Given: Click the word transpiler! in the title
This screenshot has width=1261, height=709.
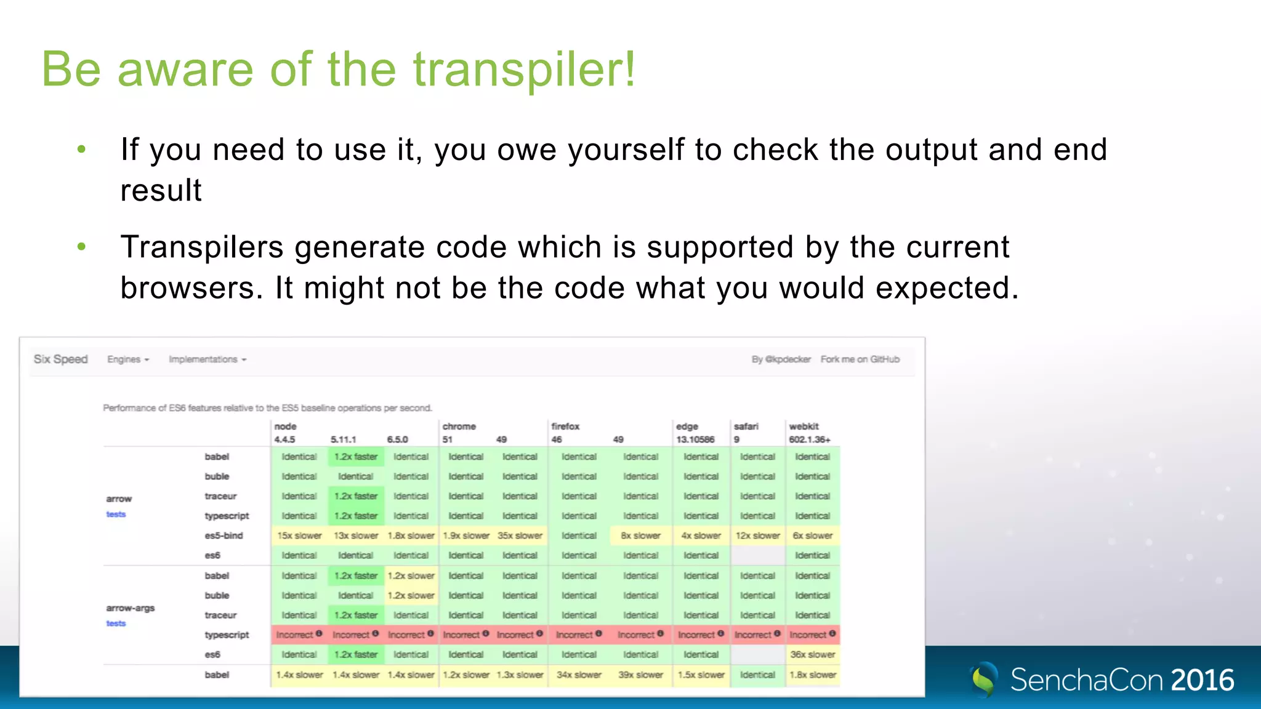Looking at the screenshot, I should coord(523,70).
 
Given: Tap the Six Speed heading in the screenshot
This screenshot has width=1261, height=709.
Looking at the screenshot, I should coord(60,359).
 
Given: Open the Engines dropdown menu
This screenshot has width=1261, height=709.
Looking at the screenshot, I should coord(128,359).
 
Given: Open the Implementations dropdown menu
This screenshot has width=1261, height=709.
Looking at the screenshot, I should coord(207,359).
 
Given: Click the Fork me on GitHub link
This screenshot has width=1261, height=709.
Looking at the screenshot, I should coord(860,359).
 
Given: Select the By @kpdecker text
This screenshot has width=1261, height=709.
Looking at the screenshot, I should coord(781,359).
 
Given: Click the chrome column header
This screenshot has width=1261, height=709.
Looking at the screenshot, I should coord(459,426).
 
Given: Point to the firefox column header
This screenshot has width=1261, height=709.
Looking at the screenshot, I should coord(565,426).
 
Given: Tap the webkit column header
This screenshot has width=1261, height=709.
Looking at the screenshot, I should coord(804,426).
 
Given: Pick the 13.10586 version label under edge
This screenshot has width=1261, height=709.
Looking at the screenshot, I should coord(695,439).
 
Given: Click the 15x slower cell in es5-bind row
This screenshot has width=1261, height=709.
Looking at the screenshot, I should coord(299,535).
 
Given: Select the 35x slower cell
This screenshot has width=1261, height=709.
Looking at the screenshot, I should coord(520,535).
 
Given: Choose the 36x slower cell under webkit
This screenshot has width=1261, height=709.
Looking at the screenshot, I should coord(813,654).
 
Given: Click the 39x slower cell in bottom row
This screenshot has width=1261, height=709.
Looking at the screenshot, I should coord(640,675).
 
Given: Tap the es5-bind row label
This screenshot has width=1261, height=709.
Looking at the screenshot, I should coord(224,535).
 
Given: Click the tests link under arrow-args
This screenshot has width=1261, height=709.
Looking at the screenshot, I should coord(116,623).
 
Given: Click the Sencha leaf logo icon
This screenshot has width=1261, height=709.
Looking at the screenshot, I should coord(983,679).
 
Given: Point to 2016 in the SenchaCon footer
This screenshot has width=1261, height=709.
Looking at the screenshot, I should coord(1203,680).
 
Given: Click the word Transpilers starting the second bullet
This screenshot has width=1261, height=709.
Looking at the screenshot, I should coord(202,247).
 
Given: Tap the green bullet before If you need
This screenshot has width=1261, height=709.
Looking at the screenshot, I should coord(81,150).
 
